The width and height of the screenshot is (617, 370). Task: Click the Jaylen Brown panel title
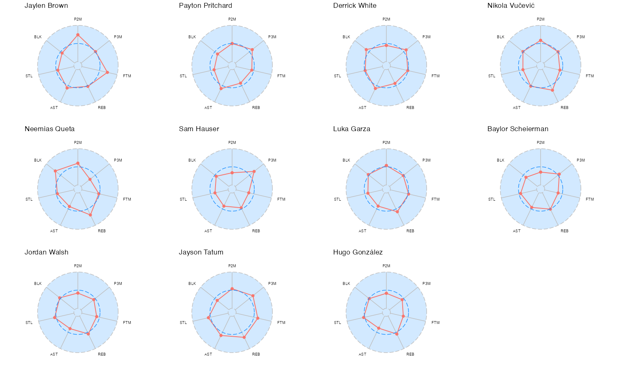tap(46, 6)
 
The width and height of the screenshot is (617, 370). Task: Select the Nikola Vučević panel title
tap(511, 6)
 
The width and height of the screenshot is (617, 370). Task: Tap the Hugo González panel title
tap(358, 252)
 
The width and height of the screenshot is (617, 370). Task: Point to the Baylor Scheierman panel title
tap(518, 129)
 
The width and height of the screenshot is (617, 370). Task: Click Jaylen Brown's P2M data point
tap(78, 35)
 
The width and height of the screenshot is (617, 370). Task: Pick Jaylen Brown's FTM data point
tap(107, 72)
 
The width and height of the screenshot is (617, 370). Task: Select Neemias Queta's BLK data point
tap(55, 171)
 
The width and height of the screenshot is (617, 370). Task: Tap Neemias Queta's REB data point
tap(90, 215)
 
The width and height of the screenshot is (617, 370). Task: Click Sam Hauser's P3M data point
tap(254, 171)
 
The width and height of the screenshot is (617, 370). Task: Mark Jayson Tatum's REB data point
tap(244, 338)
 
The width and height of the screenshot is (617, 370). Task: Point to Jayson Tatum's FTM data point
tap(258, 318)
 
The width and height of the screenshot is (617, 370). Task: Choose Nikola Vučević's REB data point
tap(552, 90)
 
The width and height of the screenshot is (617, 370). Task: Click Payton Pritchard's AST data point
tap(221, 88)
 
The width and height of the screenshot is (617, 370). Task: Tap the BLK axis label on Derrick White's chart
tap(346, 37)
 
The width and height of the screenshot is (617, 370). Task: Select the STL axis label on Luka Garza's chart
tap(337, 199)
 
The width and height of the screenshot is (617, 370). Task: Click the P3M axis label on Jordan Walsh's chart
tap(118, 284)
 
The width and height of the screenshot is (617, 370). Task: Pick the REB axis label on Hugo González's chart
tap(410, 354)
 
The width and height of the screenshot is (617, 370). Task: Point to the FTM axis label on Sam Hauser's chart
tap(281, 199)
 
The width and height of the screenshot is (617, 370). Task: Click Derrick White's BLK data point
tap(366, 50)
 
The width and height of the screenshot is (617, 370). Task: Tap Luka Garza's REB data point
tap(397, 211)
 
